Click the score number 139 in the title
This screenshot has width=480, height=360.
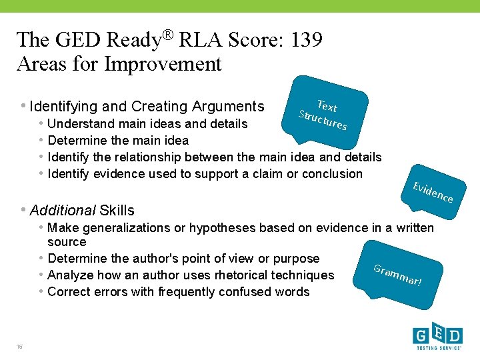coord(305,40)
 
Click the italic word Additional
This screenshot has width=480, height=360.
coord(63,211)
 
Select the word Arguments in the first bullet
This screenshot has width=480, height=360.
coord(228,107)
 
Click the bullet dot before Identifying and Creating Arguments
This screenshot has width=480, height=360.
coord(23,106)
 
